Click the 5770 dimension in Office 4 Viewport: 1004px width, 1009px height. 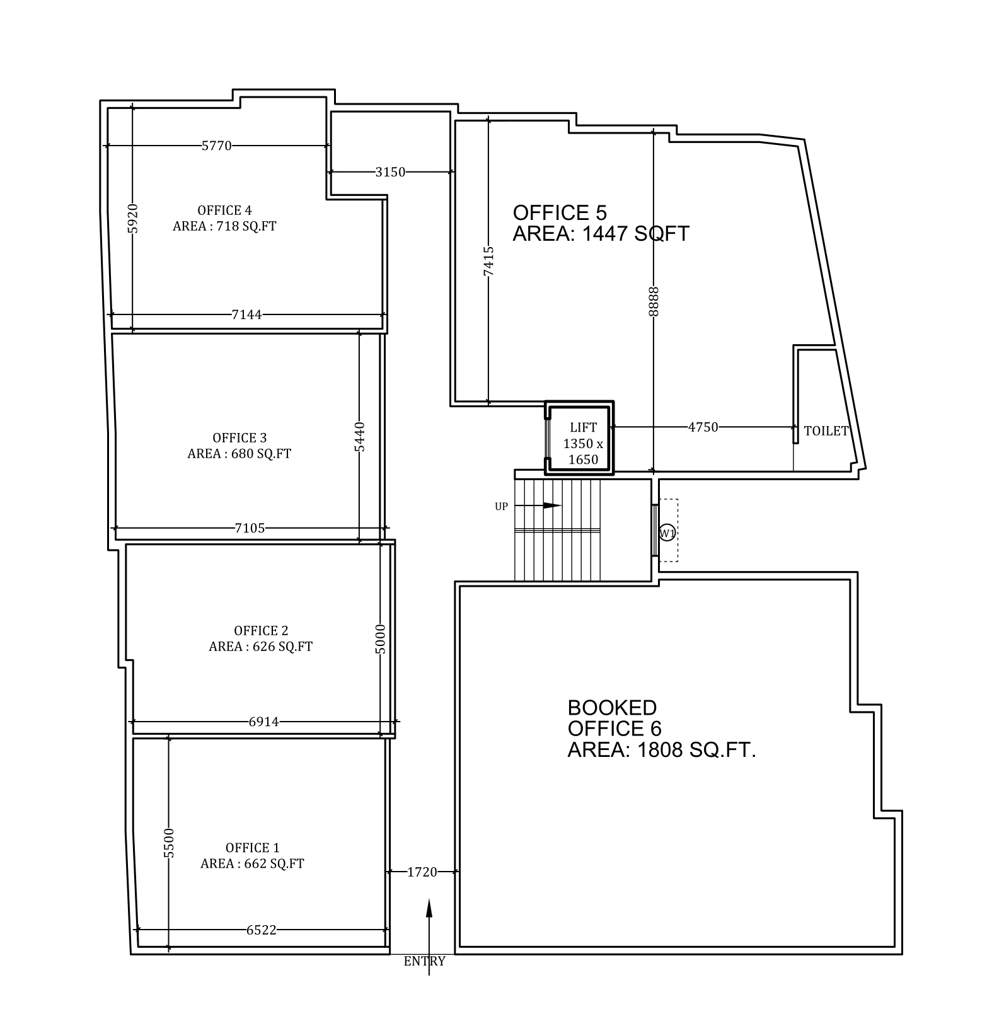point(217,146)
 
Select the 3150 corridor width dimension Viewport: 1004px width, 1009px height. point(391,171)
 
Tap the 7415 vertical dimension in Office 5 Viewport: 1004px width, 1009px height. point(488,261)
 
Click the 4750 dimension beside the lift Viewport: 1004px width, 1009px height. point(703,427)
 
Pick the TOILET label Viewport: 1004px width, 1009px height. point(826,431)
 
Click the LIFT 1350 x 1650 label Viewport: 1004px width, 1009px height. point(583,444)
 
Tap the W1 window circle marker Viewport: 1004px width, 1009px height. point(667,533)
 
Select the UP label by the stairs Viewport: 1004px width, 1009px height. point(501,506)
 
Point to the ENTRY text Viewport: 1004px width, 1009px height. point(425,961)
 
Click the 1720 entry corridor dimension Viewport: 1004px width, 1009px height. point(422,872)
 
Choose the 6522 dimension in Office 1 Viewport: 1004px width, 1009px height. point(262,930)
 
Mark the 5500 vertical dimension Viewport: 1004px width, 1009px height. point(168,843)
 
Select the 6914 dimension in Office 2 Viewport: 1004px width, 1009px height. point(263,722)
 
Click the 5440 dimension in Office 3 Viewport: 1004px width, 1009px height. point(359,436)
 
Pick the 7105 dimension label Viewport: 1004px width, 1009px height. point(250,528)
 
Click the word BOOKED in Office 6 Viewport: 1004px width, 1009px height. point(612,707)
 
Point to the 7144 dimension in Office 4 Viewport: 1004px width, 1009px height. point(247,314)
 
